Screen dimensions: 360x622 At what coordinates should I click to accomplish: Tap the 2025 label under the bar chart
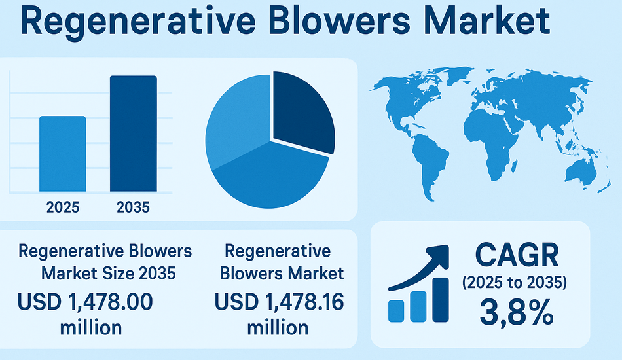pos(63,208)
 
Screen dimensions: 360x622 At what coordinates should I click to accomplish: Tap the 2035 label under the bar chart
pos(133,208)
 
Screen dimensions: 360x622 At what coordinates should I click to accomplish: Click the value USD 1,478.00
pos(86,302)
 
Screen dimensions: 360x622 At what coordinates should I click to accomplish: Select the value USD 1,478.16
pos(279,302)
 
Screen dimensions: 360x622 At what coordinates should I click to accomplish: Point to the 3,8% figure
pos(517,313)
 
